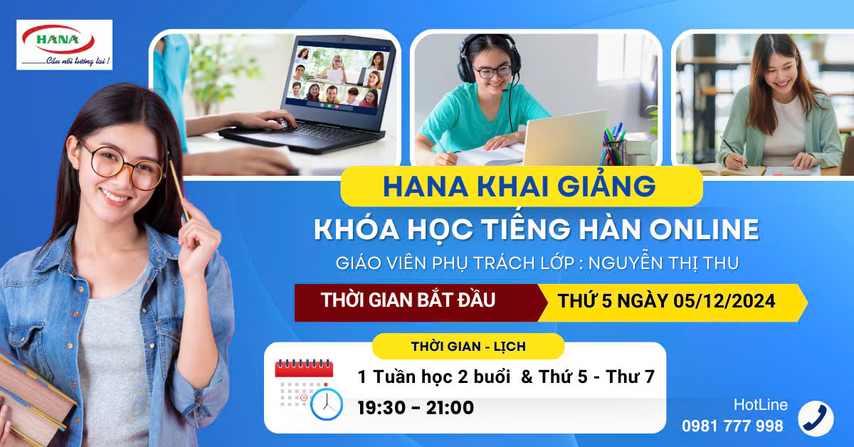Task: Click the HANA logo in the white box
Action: tap(58, 39)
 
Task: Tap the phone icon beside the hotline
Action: tap(816, 419)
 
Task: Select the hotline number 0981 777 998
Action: tap(732, 426)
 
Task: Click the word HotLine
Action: tap(761, 405)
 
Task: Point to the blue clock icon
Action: tap(327, 404)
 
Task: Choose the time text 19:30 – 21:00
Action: tap(416, 408)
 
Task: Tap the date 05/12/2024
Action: tap(724, 301)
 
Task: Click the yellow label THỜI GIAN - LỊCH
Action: tap(468, 347)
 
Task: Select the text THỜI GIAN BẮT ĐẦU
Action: tap(408, 300)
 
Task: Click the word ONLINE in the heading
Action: tap(704, 230)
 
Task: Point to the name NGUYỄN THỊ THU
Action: tap(664, 263)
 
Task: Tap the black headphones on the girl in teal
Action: tap(489, 58)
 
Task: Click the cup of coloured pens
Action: tap(613, 146)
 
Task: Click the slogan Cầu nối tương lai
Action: tap(78, 61)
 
